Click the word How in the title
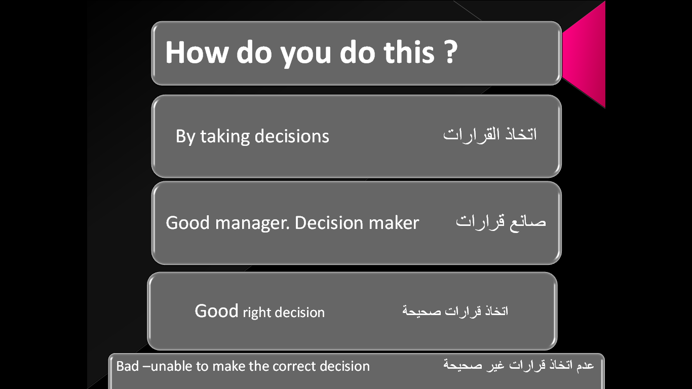[x=197, y=52]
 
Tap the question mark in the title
[x=451, y=52]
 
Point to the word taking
[x=225, y=137]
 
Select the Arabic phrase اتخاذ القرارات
[x=490, y=134]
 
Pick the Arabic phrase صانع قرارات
[x=501, y=222]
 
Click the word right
[x=257, y=313]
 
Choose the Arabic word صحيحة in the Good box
[x=421, y=311]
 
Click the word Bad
[x=127, y=366]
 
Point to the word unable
[x=171, y=366]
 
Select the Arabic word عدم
[x=585, y=365]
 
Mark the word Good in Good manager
[x=188, y=223]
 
